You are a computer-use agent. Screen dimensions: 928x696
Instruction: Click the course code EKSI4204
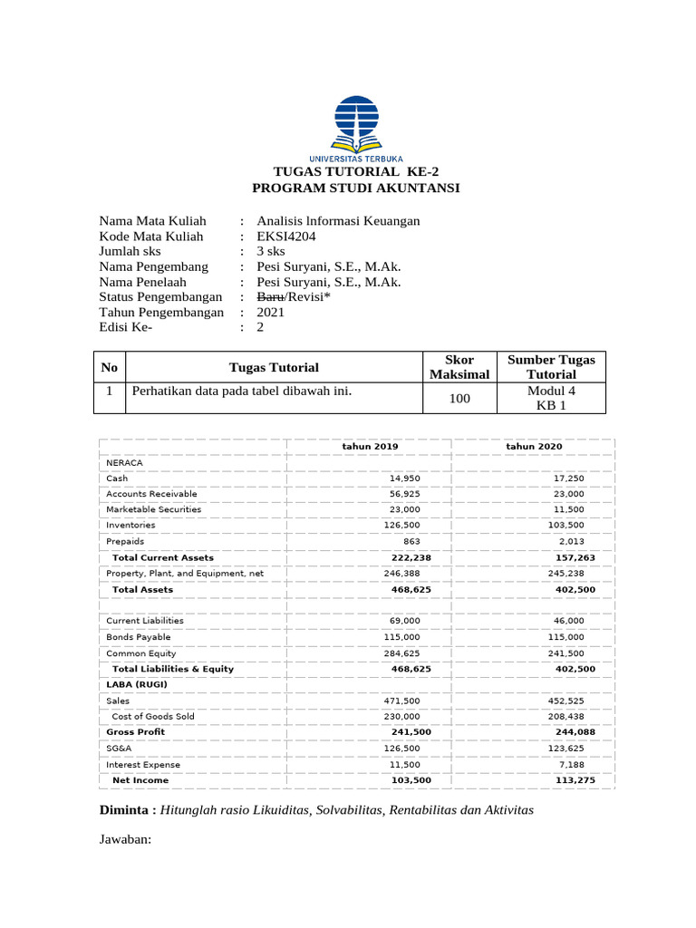click(286, 237)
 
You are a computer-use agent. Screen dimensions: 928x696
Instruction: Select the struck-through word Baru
click(271, 296)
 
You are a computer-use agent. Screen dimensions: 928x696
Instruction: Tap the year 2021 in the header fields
click(270, 312)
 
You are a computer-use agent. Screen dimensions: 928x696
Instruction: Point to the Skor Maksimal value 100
click(460, 398)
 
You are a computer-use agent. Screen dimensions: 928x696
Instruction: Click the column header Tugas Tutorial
click(274, 367)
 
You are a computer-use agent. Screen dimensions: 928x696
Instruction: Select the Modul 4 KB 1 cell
click(551, 398)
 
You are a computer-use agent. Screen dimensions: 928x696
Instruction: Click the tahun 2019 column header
click(369, 447)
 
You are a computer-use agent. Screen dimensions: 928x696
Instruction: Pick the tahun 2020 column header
click(534, 447)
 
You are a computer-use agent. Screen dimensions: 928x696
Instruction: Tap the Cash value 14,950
click(404, 478)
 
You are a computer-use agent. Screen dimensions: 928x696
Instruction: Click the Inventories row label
click(130, 525)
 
